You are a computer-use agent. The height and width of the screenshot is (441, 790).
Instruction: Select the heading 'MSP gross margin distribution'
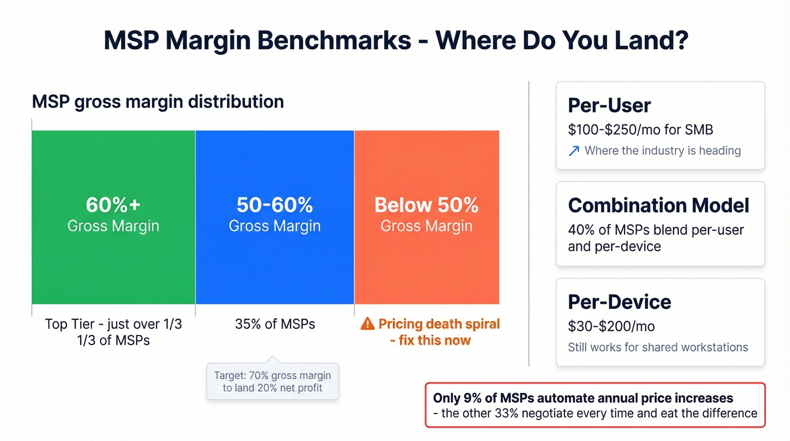[158, 102]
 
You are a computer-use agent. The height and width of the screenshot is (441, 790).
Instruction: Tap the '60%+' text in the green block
[113, 204]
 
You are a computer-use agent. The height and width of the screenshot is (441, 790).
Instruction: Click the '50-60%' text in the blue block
[274, 204]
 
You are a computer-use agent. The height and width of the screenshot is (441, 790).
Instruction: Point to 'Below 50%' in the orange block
[426, 204]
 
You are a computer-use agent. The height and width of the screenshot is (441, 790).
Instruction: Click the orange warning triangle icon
[367, 324]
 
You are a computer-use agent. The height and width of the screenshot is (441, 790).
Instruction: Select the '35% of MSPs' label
[275, 324]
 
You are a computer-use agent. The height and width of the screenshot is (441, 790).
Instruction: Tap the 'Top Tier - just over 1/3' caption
[113, 325]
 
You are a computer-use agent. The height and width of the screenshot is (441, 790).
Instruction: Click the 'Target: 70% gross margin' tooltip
[273, 381]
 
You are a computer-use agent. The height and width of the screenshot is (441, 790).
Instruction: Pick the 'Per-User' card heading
[609, 106]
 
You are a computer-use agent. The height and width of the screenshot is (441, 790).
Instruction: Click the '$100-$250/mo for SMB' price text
[640, 130]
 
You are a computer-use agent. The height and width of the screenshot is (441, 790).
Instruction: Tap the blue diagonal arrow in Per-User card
[574, 151]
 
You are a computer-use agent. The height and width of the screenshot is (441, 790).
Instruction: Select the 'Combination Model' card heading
[659, 205]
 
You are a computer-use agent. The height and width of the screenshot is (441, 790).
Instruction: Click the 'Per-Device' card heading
[620, 302]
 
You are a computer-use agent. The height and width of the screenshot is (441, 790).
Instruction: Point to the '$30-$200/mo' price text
[611, 326]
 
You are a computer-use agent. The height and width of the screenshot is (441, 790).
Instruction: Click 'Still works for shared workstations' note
[658, 347]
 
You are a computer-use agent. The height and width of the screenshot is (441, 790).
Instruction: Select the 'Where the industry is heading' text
[662, 151]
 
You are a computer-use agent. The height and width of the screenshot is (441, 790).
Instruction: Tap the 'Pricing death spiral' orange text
[439, 324]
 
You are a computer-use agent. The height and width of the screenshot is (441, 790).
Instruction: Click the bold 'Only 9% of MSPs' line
[583, 398]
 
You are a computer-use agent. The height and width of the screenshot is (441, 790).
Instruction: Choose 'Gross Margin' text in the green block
[113, 226]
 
